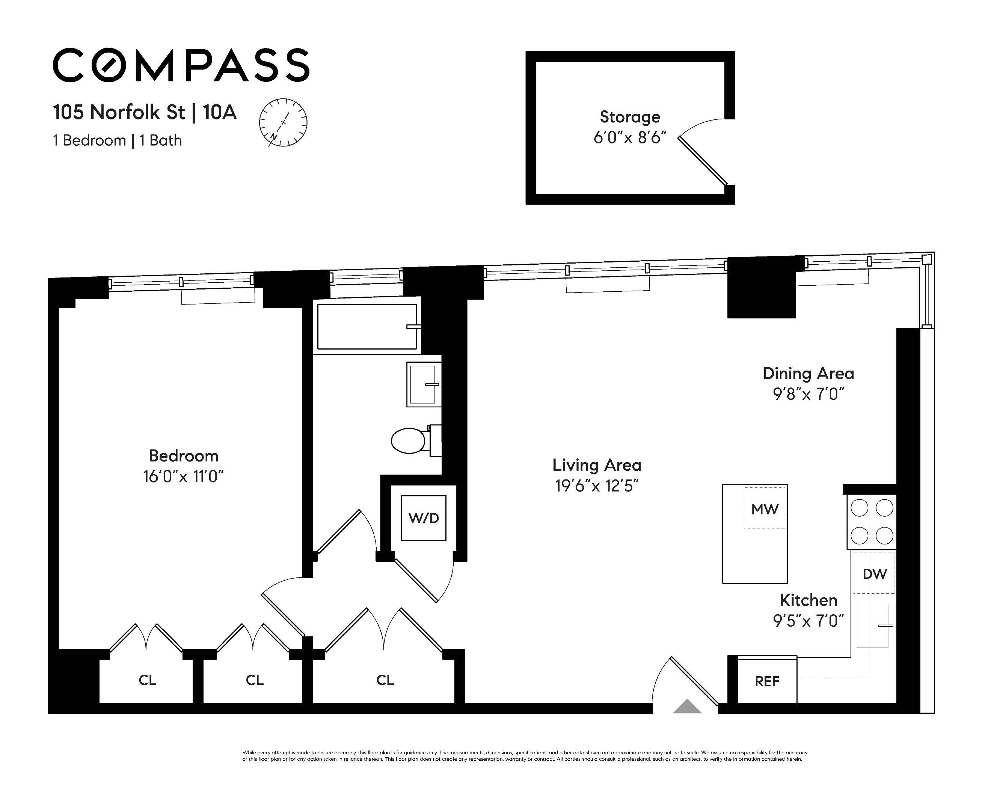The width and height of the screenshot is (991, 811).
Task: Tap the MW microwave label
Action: pyautogui.click(x=765, y=509)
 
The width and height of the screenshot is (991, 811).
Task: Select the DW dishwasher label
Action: pyautogui.click(x=875, y=574)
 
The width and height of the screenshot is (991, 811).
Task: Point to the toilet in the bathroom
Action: pyautogui.click(x=416, y=440)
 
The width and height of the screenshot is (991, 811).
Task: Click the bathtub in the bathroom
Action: pyautogui.click(x=367, y=327)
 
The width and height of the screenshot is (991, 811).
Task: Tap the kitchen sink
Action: pyautogui.click(x=872, y=626)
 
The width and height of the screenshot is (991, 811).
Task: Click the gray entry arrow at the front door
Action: pyautogui.click(x=687, y=706)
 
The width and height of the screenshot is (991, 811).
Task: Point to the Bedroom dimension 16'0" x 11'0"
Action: pyautogui.click(x=183, y=477)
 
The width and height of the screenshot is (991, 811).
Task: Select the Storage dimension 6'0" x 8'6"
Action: pyautogui.click(x=630, y=138)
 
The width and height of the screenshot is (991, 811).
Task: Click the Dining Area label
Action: pyautogui.click(x=808, y=373)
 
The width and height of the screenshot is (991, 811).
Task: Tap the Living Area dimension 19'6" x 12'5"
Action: pyautogui.click(x=597, y=486)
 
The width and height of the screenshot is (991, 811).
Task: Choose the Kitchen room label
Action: pyautogui.click(x=808, y=600)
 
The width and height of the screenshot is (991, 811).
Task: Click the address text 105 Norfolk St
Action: pyautogui.click(x=119, y=112)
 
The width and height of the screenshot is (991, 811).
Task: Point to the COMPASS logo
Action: pyautogui.click(x=181, y=65)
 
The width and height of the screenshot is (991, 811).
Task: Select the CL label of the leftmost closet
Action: pyautogui.click(x=147, y=680)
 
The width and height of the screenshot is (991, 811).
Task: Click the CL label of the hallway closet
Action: pyautogui.click(x=385, y=680)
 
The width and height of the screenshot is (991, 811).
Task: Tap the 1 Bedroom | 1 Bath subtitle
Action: pyautogui.click(x=117, y=141)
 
